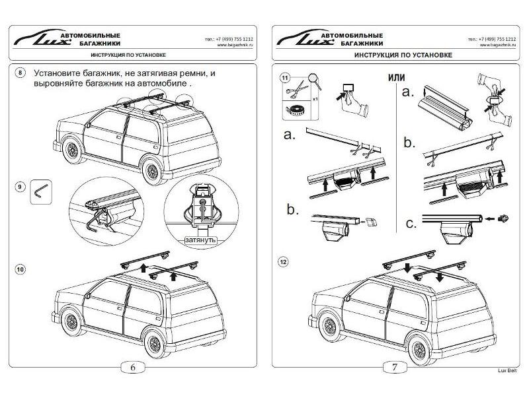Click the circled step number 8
(20, 72)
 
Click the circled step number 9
(20, 187)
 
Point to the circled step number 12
(284, 261)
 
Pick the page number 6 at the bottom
(133, 368)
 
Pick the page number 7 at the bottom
(395, 368)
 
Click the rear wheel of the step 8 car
(154, 171)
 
